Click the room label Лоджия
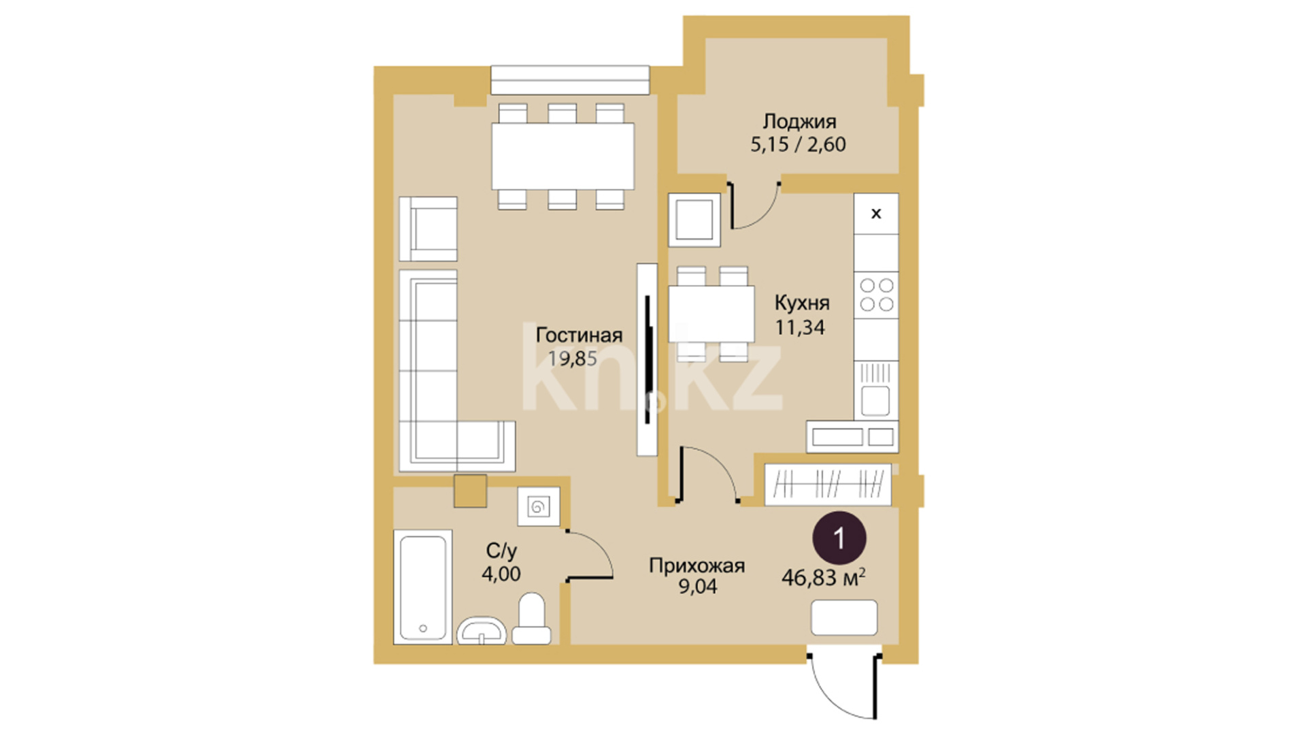click(x=799, y=122)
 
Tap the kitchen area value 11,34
click(x=800, y=327)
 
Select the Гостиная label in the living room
click(x=579, y=335)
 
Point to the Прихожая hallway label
click(x=697, y=565)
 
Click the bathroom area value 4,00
click(x=501, y=574)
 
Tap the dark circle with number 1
click(x=839, y=538)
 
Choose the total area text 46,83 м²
click(x=823, y=578)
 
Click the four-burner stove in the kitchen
click(x=876, y=295)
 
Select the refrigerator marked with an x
click(x=876, y=214)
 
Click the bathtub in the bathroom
click(x=422, y=587)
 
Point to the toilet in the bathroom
click(x=532, y=619)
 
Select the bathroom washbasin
click(x=482, y=631)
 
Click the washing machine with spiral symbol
click(x=539, y=506)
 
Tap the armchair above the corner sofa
click(x=428, y=229)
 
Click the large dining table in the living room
click(x=563, y=157)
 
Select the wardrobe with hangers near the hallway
click(x=828, y=485)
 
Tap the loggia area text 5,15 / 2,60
click(x=798, y=145)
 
